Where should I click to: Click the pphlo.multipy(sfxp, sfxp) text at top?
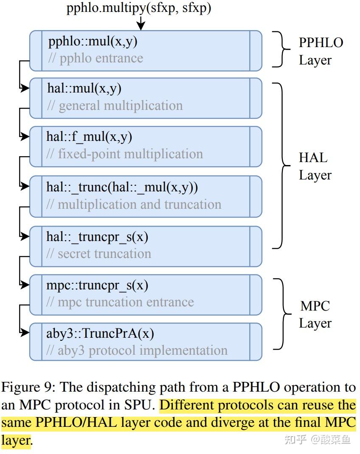click(138, 8)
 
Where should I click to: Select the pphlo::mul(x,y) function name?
click(93, 42)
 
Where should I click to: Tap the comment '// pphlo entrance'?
click(95, 58)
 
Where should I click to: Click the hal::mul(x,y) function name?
click(84, 89)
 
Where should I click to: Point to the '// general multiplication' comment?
click(115, 105)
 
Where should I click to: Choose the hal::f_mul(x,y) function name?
click(89, 137)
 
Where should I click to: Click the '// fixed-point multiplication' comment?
click(124, 154)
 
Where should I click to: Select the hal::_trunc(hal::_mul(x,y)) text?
click(122, 187)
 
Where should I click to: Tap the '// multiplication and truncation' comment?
click(134, 204)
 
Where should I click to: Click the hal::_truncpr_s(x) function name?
click(97, 237)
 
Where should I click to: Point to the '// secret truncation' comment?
click(98, 253)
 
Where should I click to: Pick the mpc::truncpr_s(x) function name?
click(97, 286)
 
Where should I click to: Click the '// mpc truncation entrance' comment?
click(120, 302)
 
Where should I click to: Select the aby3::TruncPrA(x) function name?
click(100, 333)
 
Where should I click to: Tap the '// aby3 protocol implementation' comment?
click(137, 350)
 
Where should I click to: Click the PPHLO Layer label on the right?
click(321, 51)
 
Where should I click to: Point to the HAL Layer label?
click(315, 166)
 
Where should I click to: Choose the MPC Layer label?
click(315, 314)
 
